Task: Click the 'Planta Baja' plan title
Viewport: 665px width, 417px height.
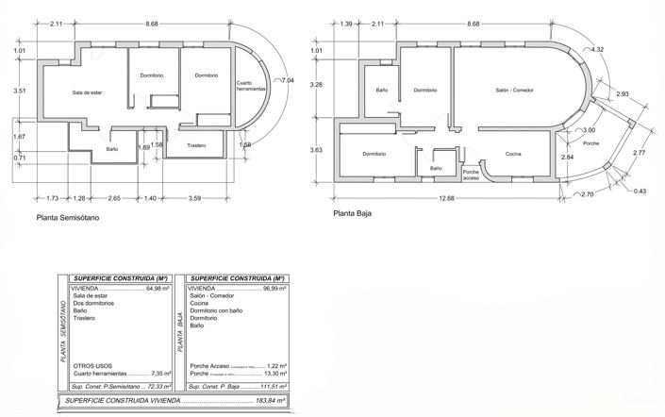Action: click(x=353, y=213)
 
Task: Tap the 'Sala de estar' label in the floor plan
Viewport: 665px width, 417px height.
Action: click(x=86, y=92)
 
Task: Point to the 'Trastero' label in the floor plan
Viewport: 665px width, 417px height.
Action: click(x=196, y=145)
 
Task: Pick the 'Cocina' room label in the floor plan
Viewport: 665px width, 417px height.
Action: click(x=513, y=155)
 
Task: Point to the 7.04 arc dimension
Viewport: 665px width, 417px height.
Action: click(x=284, y=82)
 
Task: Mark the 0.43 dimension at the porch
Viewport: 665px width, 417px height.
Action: click(x=640, y=192)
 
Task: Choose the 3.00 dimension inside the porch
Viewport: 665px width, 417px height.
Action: click(x=590, y=129)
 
